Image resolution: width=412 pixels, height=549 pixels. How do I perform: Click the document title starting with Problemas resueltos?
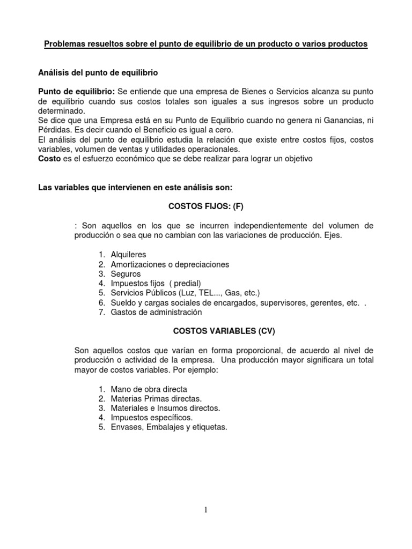click(x=206, y=44)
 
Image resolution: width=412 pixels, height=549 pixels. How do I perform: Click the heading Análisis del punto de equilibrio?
click(x=98, y=71)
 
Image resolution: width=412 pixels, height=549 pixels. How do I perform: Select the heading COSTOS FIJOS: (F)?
click(x=206, y=206)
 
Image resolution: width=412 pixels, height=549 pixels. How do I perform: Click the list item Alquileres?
click(x=128, y=254)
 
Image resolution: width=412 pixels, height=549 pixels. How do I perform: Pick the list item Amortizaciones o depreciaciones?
click(x=170, y=264)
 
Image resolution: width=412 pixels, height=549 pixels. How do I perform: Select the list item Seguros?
click(x=126, y=273)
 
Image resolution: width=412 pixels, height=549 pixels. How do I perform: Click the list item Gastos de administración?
click(x=156, y=312)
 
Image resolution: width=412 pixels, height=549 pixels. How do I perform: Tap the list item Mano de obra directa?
click(x=149, y=389)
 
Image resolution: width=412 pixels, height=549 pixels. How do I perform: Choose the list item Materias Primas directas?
click(x=156, y=398)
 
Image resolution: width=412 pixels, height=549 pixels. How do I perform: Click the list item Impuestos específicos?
click(x=151, y=418)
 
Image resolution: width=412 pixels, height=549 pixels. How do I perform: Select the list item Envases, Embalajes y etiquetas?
click(x=169, y=427)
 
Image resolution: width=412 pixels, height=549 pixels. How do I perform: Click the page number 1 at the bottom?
click(x=206, y=510)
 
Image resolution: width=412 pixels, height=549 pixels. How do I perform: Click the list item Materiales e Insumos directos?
click(x=165, y=408)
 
